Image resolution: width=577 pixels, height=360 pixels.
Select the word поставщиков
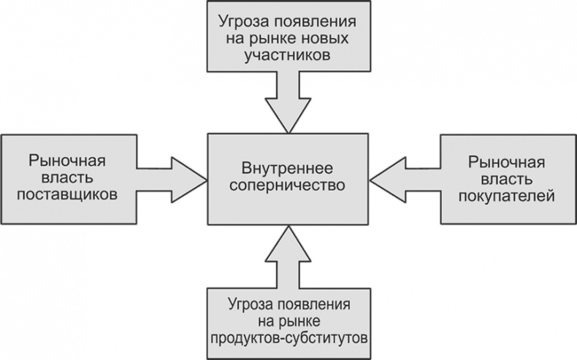pyautogui.click(x=70, y=196)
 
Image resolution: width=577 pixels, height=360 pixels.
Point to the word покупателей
pyautogui.click(x=507, y=196)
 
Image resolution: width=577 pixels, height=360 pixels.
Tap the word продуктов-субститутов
pyautogui.click(x=287, y=338)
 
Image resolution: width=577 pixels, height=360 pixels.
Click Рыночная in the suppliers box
pyautogui.click(x=69, y=161)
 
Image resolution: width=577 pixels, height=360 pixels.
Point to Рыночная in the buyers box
pyautogui.click(x=507, y=161)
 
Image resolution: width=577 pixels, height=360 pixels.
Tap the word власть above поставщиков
pyautogui.click(x=70, y=178)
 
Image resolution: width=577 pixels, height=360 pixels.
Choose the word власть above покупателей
pyautogui.click(x=507, y=178)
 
